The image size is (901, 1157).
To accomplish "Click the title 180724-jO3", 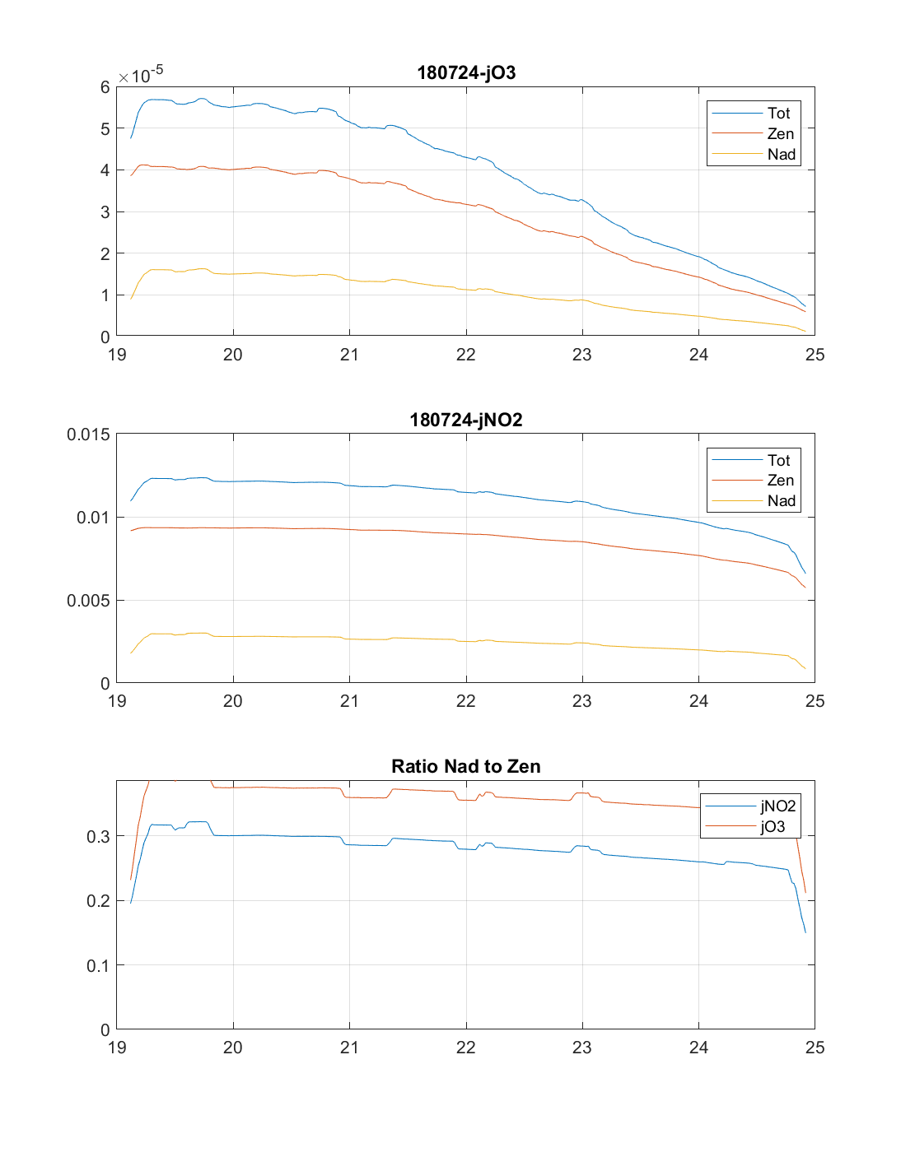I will click(466, 72).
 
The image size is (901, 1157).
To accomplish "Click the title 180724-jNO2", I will click(466, 420).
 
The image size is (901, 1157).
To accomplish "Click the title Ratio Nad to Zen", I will click(466, 766).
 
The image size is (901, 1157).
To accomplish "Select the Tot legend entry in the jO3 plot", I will click(778, 114).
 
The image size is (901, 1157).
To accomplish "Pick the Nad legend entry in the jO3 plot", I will click(781, 154).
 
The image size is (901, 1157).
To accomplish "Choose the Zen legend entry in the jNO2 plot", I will click(780, 481).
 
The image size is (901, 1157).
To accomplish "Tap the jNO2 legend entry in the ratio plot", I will click(777, 806).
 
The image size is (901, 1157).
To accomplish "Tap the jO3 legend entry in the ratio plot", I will click(773, 827).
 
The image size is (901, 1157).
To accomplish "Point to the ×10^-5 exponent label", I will click(141, 75).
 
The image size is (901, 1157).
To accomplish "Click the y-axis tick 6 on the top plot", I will click(105, 87).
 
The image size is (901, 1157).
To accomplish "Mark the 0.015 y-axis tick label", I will click(88, 434).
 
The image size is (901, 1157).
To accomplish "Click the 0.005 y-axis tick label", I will click(88, 601).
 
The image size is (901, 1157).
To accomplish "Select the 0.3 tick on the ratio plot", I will click(98, 837).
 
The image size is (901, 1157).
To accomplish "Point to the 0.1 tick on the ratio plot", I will click(98, 965).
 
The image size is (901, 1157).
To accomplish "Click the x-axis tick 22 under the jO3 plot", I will click(466, 355).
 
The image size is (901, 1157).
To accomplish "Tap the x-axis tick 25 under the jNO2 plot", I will click(815, 701).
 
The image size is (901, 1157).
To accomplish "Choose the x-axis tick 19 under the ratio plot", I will click(117, 1048).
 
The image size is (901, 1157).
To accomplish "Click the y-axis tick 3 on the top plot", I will click(105, 212).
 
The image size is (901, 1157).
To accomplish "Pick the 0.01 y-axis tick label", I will click(92, 518).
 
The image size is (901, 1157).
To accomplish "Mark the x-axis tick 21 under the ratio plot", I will click(349, 1048).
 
